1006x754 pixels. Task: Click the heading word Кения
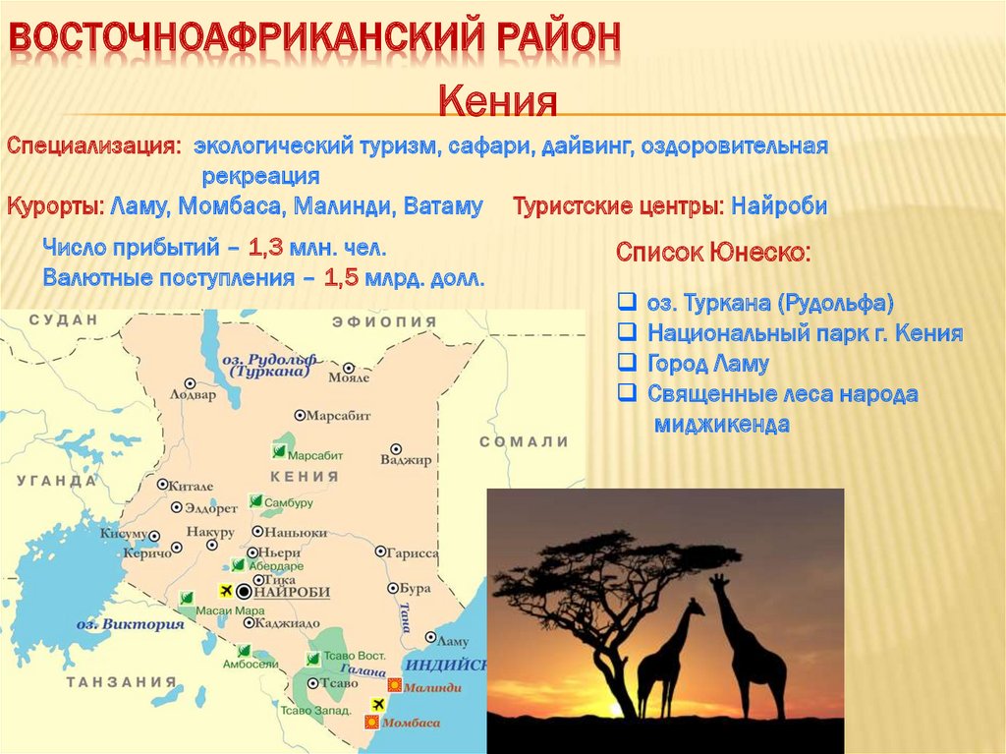click(498, 101)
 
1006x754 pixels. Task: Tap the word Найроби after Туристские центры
click(779, 206)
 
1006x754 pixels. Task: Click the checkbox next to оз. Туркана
click(627, 301)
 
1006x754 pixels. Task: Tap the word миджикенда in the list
click(722, 425)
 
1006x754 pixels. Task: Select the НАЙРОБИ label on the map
click(293, 592)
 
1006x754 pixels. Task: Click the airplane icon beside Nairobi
click(226, 590)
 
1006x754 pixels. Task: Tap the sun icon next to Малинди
click(394, 685)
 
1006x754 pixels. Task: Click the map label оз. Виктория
click(131, 624)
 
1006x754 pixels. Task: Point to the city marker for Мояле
click(349, 368)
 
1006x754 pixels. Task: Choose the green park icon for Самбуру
click(256, 501)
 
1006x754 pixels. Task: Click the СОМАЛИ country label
click(525, 441)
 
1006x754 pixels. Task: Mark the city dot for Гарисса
click(380, 551)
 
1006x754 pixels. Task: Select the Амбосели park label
click(251, 665)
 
